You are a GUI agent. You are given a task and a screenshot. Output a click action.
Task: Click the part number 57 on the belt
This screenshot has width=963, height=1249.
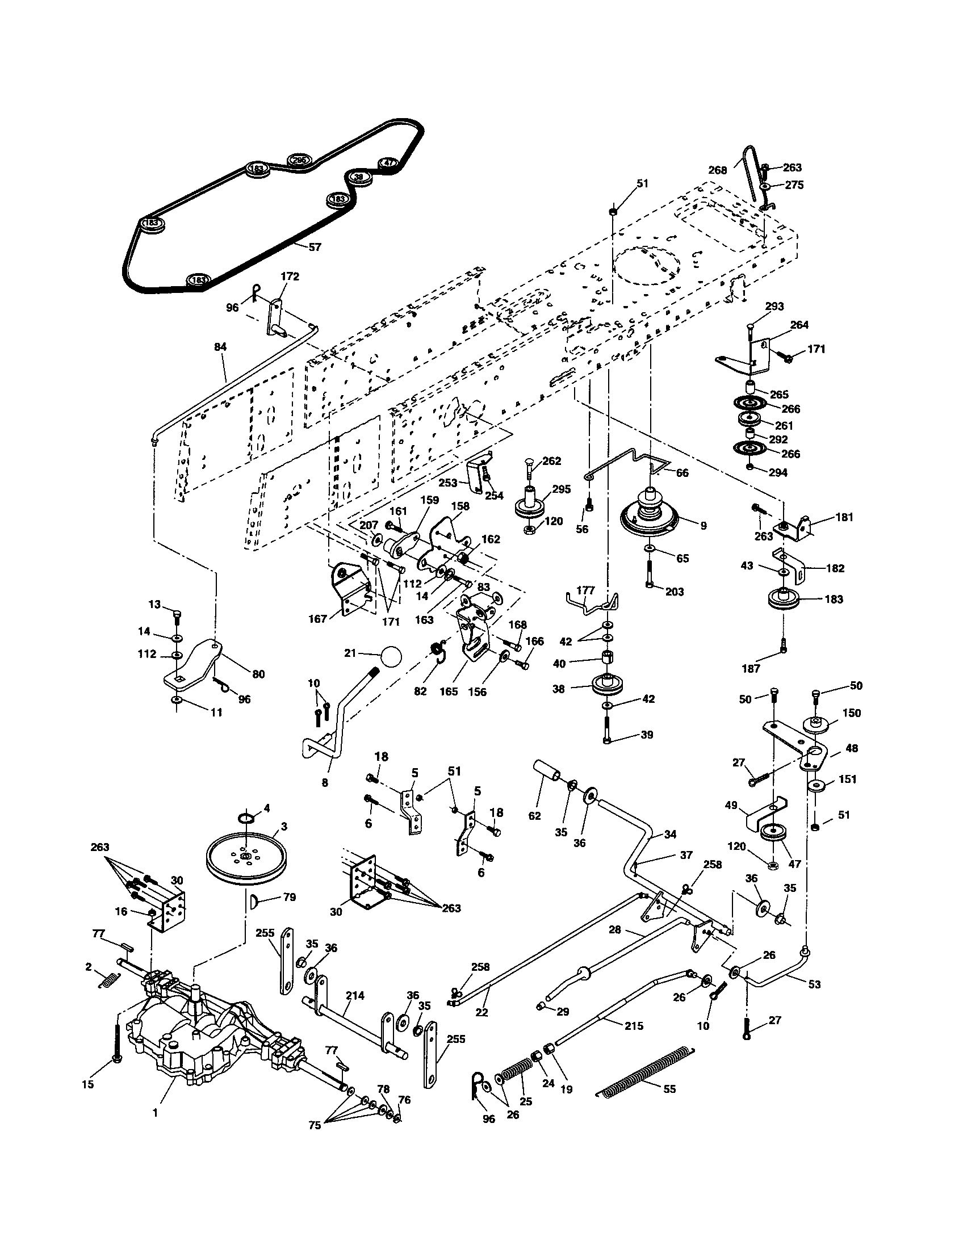coord(315,247)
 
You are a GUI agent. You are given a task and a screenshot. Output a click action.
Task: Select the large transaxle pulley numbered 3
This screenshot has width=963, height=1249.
coord(245,858)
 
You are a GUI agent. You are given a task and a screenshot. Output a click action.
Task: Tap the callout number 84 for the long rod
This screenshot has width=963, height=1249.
coord(220,346)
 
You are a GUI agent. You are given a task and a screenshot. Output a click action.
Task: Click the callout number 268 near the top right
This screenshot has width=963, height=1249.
coord(717,170)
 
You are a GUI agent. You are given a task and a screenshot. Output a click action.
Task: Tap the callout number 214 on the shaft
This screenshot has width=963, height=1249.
coord(355,995)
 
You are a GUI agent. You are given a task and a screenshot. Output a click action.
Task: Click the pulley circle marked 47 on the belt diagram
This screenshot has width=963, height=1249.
coord(389,163)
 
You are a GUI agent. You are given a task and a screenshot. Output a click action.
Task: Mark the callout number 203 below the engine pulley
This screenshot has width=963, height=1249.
coord(675,592)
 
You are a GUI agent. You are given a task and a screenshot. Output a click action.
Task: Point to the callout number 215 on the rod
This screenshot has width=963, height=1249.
coord(634,1026)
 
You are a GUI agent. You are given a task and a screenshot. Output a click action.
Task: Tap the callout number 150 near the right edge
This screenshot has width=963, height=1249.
coord(851,713)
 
